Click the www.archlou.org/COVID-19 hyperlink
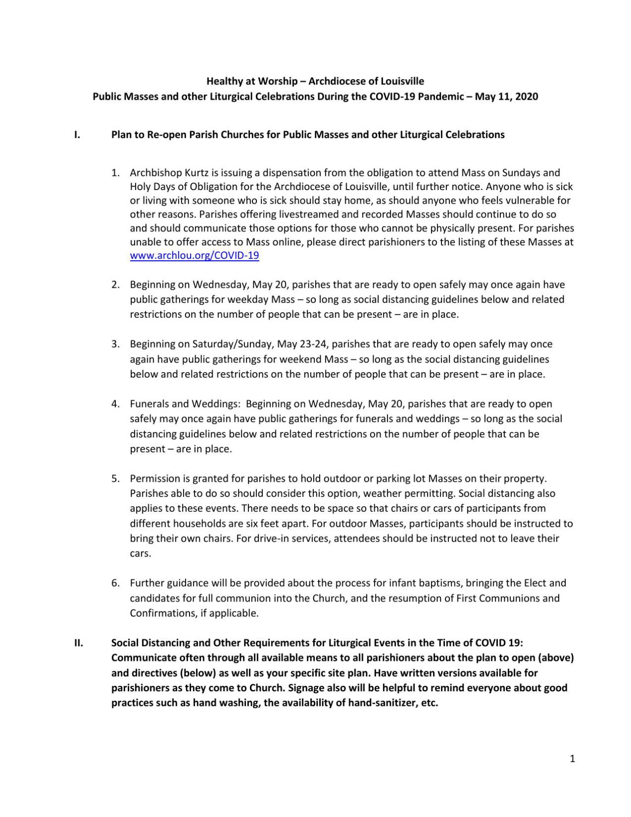pyautogui.click(x=194, y=256)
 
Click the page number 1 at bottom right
pyautogui.click(x=572, y=759)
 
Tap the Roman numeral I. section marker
pyautogui.click(x=77, y=135)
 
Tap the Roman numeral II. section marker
pyautogui.click(x=78, y=643)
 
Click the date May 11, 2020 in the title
pyautogui.click(x=506, y=96)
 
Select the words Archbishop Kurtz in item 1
pyautogui.click(x=163, y=173)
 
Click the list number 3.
pyautogui.click(x=115, y=344)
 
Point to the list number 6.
pyautogui.click(x=115, y=583)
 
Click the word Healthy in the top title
pyautogui.click(x=223, y=81)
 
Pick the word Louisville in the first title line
pyautogui.click(x=402, y=81)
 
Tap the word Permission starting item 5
pyautogui.click(x=155, y=478)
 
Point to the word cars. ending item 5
pyautogui.click(x=140, y=553)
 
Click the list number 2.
pyautogui.click(x=115, y=285)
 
